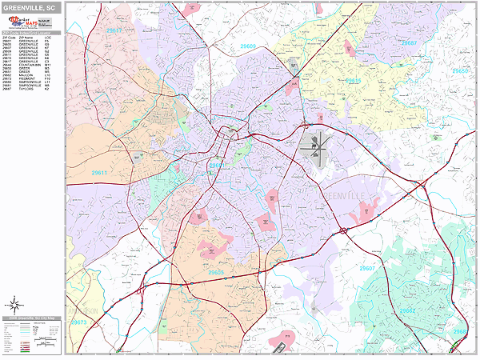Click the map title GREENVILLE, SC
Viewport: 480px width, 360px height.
tap(31, 7)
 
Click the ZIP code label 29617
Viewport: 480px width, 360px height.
tap(114, 30)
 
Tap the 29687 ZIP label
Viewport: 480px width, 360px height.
tap(408, 42)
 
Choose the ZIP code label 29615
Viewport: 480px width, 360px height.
tap(353, 81)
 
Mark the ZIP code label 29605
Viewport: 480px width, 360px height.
tap(215, 273)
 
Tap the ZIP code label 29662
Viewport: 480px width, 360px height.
tap(407, 310)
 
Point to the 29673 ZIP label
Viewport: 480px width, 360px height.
tap(78, 322)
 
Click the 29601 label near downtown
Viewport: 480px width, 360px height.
tap(215, 166)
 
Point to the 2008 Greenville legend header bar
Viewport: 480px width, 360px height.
tap(31, 317)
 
